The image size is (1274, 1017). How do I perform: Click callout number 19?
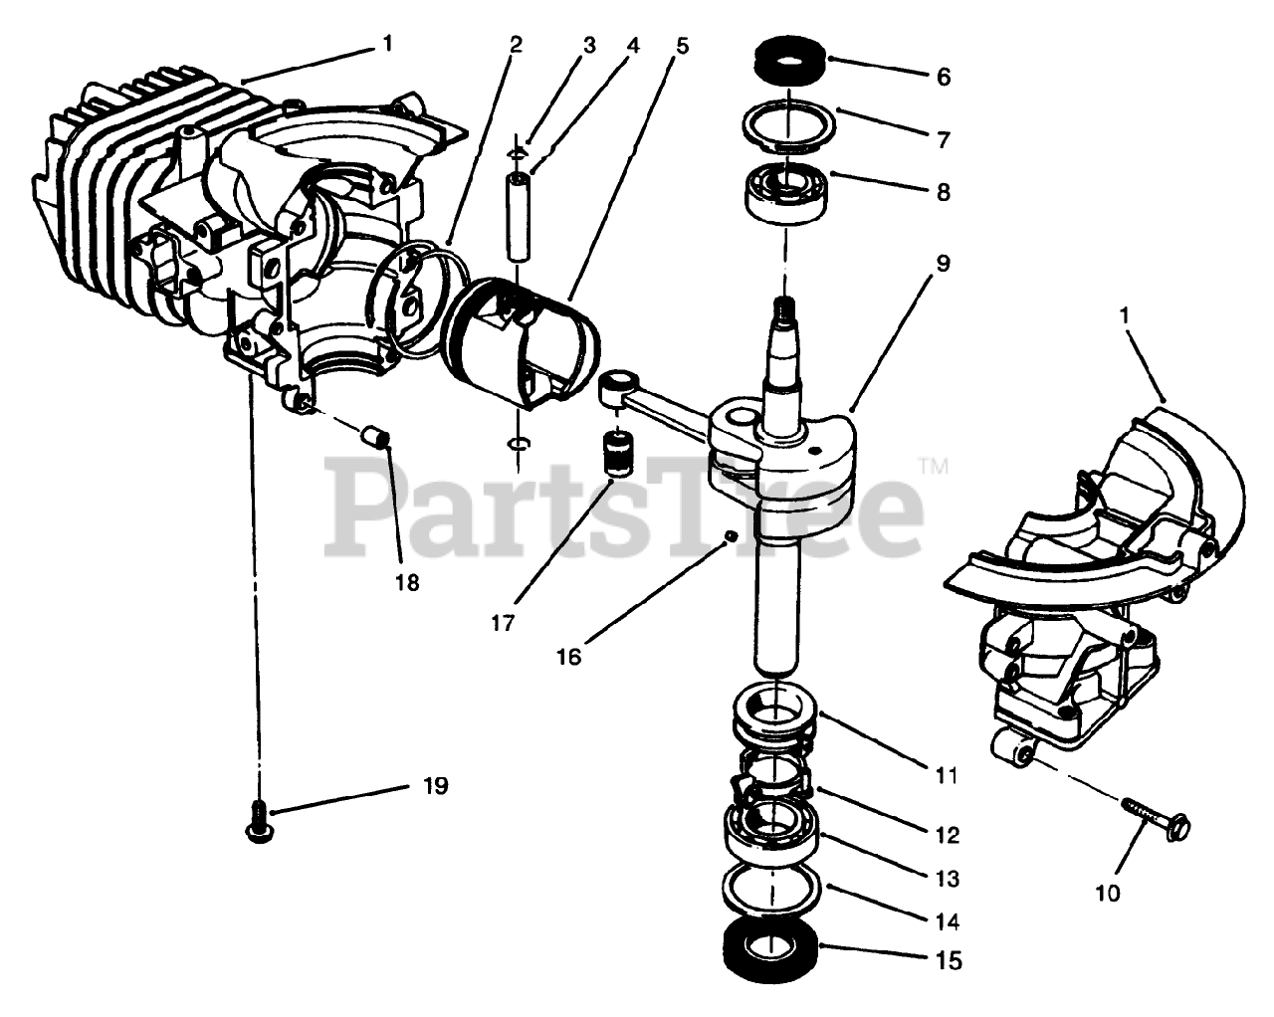[434, 786]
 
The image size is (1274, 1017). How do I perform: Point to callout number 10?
[1107, 893]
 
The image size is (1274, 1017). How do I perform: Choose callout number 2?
[515, 45]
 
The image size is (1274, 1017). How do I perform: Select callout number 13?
[947, 879]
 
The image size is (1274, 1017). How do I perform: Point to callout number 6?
[943, 77]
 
